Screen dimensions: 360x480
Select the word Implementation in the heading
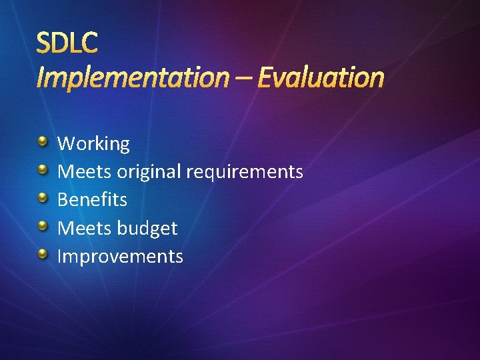pyautogui.click(x=131, y=78)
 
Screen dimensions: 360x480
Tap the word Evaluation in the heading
pyautogui.click(x=321, y=78)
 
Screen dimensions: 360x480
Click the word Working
pyautogui.click(x=93, y=144)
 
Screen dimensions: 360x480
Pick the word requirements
pyautogui.click(x=245, y=172)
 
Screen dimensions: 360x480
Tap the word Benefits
pyautogui.click(x=92, y=200)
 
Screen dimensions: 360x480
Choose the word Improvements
pyautogui.click(x=120, y=257)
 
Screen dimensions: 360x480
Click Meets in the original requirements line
pyautogui.click(x=85, y=172)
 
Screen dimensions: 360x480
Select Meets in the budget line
pyautogui.click(x=85, y=229)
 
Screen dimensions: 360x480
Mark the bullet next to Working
pyautogui.click(x=43, y=141)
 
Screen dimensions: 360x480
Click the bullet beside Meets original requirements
pyautogui.click(x=43, y=170)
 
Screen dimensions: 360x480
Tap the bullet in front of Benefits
pyautogui.click(x=43, y=198)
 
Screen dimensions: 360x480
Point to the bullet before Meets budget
pyautogui.click(x=43, y=226)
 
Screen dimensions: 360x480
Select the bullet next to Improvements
pyautogui.click(x=43, y=254)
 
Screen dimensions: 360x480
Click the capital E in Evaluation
pyautogui.click(x=265, y=78)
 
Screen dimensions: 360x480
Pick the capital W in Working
pyautogui.click(x=66, y=144)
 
